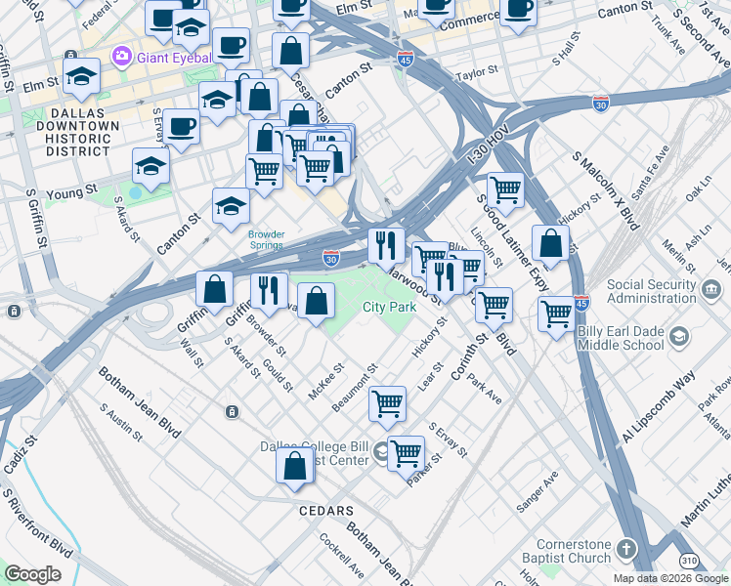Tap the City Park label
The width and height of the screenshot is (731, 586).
(x=390, y=307)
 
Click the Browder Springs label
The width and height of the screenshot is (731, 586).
(x=266, y=239)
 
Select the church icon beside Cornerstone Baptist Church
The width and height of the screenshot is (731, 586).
(x=626, y=549)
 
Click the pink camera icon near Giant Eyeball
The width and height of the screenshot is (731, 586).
(x=122, y=54)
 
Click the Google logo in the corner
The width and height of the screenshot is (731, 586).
(x=32, y=574)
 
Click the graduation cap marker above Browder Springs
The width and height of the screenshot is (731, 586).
(x=231, y=206)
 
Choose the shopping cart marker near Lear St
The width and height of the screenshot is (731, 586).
(x=388, y=402)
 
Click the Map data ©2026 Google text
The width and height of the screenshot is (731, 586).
(x=671, y=578)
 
